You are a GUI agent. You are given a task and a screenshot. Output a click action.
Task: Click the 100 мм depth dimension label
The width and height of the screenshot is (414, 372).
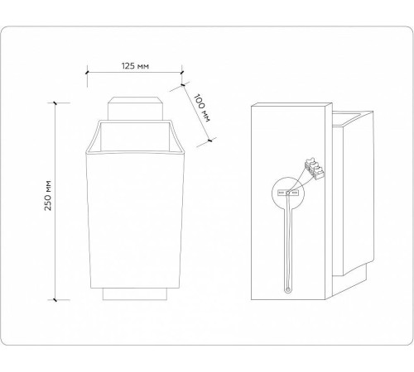pos(200,108)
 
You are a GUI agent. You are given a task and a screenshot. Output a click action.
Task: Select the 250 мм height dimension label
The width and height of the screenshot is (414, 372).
pos(49,198)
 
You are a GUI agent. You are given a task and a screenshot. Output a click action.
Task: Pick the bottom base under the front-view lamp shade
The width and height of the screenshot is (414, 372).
pos(135,292)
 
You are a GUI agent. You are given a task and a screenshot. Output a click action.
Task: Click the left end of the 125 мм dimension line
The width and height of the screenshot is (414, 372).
pos(88,73)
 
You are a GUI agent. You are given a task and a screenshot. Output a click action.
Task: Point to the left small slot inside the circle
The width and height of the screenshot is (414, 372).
pos(282,193)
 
